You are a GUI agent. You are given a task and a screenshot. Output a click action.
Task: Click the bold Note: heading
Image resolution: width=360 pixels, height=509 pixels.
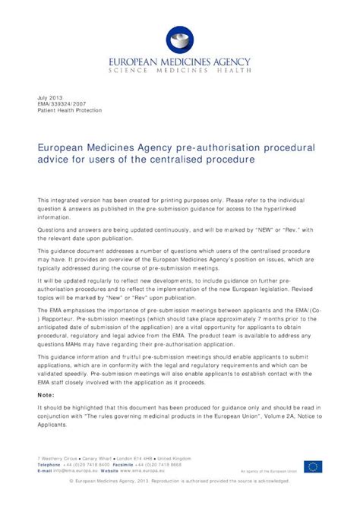(x=46, y=394)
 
